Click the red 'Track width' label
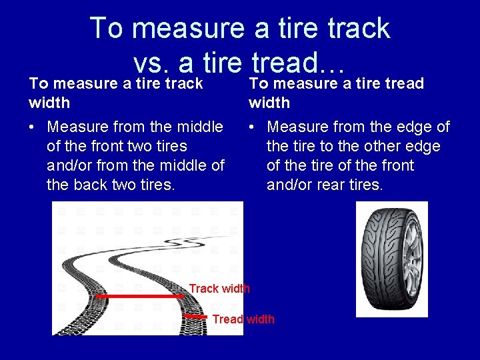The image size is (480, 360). (x=219, y=289)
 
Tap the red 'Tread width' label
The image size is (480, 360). (x=243, y=319)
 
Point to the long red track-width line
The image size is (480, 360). (x=140, y=295)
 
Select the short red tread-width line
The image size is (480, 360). (x=196, y=317)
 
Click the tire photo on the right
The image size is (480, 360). (x=391, y=259)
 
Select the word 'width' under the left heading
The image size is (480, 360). (x=49, y=103)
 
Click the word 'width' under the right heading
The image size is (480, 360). (x=269, y=103)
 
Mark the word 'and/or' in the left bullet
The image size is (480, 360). (x=69, y=165)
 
